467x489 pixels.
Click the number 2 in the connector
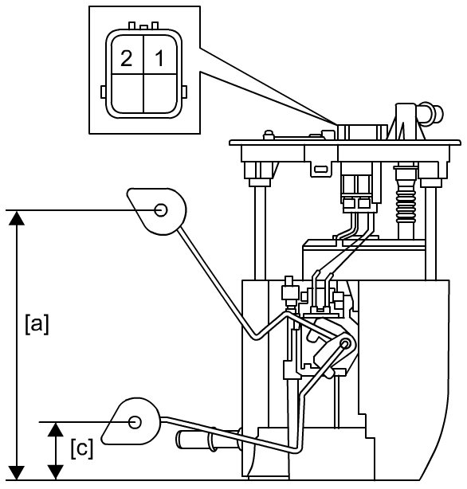click(126, 59)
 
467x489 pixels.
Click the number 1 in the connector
click(159, 59)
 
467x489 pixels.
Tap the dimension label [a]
click(37, 325)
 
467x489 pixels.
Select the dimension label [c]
click(82, 448)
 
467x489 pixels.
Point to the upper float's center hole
click(161, 210)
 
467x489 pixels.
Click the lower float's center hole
click(135, 422)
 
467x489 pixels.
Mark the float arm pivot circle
click(345, 344)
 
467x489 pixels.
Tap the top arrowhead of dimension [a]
click(16, 217)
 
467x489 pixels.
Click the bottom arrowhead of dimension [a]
click(16, 473)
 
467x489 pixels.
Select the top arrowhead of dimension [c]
click(56, 429)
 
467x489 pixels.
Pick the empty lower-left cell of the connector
click(128, 93)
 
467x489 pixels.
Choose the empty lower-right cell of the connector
click(160, 93)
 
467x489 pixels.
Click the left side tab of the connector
click(104, 92)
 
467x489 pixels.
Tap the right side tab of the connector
click(184, 92)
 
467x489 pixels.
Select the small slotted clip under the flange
click(321, 170)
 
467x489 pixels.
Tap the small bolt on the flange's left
click(269, 135)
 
